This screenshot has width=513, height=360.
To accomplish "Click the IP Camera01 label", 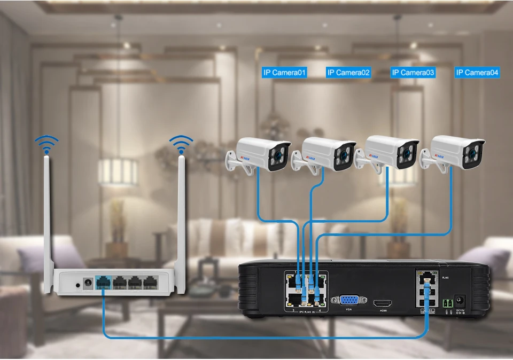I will pyautogui.click(x=284, y=73).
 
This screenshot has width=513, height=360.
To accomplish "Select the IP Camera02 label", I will pyautogui.click(x=348, y=73).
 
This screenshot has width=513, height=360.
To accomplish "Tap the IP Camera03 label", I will pyautogui.click(x=413, y=73).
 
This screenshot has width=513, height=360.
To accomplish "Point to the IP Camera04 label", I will pyautogui.click(x=477, y=73).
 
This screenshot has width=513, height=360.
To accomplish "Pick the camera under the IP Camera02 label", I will pyautogui.click(x=327, y=154).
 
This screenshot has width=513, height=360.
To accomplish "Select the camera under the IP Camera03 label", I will pyautogui.click(x=391, y=152).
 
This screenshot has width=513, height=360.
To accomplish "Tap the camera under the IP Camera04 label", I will pyautogui.click(x=456, y=152).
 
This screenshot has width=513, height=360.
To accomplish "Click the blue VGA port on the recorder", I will pyautogui.click(x=348, y=301).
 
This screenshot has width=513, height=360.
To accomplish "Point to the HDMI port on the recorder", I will pyautogui.click(x=383, y=302).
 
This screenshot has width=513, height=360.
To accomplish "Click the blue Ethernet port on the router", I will pyautogui.click(x=102, y=283).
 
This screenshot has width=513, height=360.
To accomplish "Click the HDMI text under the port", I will pyautogui.click(x=383, y=311).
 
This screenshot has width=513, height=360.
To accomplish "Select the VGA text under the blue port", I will pyautogui.click(x=348, y=311).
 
